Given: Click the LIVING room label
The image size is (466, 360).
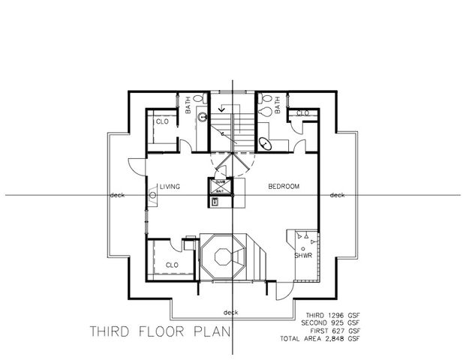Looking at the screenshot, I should [x=169, y=187].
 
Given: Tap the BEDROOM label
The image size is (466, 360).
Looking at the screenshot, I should [x=285, y=186].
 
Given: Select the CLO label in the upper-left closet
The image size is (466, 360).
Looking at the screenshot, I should [x=162, y=121].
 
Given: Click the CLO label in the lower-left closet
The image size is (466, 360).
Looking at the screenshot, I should [x=172, y=265].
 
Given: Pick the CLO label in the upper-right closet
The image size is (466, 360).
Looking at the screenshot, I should [x=303, y=112].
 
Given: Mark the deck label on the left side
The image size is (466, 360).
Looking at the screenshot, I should [x=117, y=195].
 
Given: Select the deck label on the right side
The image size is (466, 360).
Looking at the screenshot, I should [x=337, y=195].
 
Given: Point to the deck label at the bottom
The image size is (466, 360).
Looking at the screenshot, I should [x=231, y=312].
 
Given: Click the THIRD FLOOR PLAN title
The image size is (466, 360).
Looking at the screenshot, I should [x=160, y=331].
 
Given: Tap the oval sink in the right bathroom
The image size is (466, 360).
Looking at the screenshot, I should [x=265, y=142].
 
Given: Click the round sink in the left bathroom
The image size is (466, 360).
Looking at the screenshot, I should [x=202, y=117].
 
